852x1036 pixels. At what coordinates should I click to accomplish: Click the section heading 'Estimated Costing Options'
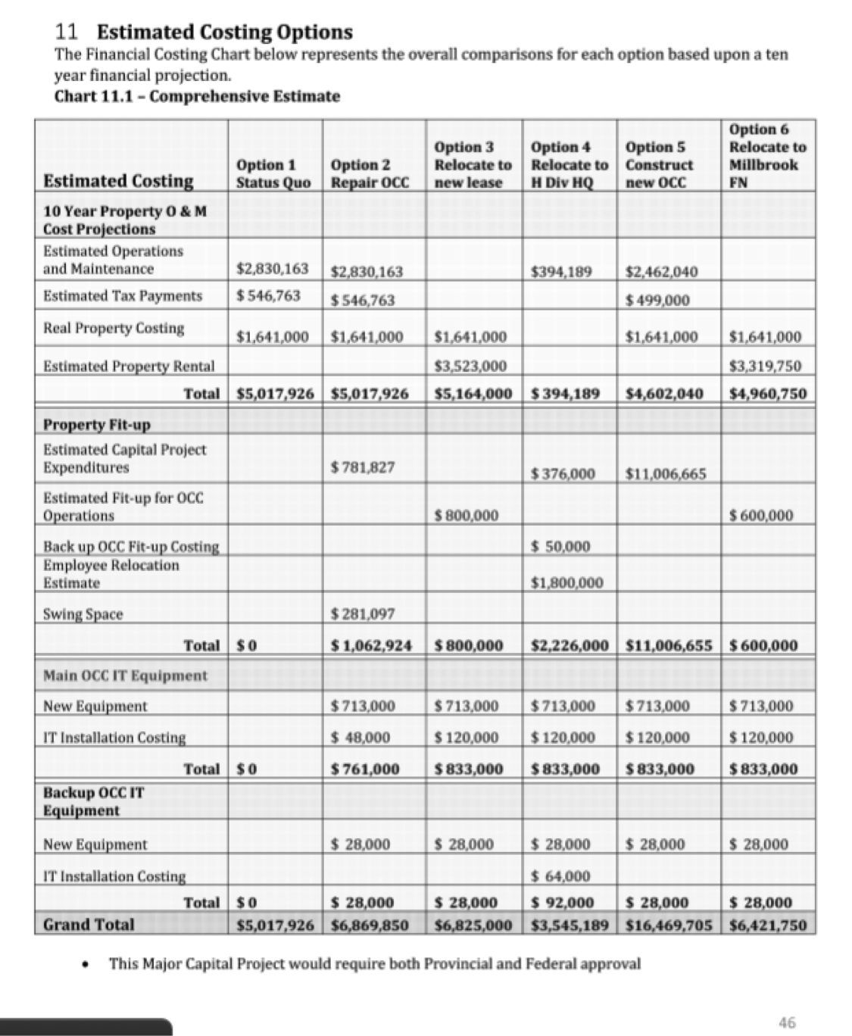click(x=225, y=33)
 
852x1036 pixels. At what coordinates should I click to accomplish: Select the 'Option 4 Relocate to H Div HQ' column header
click(x=569, y=165)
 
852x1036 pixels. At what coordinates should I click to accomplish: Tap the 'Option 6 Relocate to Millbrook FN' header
click(x=767, y=155)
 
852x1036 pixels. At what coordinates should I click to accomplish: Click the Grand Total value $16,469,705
click(x=670, y=925)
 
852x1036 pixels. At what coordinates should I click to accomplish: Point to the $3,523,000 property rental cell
click(x=470, y=367)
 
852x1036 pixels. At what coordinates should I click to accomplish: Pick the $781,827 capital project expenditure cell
click(x=364, y=467)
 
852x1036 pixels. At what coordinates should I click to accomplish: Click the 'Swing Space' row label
click(x=83, y=614)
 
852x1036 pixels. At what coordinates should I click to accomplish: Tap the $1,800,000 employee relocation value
click(x=567, y=583)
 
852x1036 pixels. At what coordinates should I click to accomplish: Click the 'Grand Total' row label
click(x=89, y=925)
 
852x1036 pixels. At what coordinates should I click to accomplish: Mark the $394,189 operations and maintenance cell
click(x=561, y=271)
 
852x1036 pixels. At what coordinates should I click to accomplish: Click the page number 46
click(x=787, y=1022)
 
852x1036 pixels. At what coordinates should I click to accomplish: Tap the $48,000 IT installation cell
click(x=362, y=738)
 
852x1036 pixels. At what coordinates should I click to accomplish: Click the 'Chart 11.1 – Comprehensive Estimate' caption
click(x=197, y=96)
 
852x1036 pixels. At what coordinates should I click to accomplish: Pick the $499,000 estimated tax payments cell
click(x=657, y=300)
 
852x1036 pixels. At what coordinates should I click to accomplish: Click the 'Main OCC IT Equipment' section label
click(x=125, y=676)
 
